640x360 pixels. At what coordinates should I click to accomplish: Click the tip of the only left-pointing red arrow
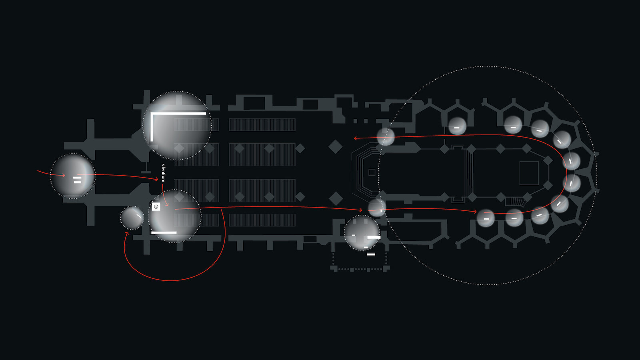point(354,138)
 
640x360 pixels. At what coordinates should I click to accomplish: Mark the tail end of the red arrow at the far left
point(38,171)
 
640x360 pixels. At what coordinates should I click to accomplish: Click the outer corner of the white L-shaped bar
point(151,113)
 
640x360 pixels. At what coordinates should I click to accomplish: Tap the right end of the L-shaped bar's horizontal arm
point(206,114)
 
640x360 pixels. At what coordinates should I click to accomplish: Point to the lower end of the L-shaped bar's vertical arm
point(152,141)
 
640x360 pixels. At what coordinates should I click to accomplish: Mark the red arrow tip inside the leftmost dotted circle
point(65,175)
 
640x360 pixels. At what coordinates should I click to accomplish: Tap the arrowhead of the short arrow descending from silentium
point(168,206)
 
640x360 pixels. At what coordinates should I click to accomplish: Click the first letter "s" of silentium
point(163,165)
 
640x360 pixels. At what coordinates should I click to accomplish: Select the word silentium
point(163,173)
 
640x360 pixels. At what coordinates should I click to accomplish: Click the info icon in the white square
point(156,206)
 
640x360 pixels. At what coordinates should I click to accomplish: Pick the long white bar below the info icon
point(164,232)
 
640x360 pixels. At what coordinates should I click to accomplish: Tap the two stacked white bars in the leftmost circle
point(77,180)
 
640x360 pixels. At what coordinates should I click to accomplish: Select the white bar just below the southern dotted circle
point(371,254)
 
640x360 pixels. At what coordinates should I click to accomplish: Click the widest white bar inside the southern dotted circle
point(374,237)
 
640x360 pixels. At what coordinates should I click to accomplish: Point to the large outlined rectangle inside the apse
point(529,173)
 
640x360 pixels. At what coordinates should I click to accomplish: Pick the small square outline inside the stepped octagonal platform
point(372,172)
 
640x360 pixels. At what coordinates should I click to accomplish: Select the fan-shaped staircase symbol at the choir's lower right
point(516,202)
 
